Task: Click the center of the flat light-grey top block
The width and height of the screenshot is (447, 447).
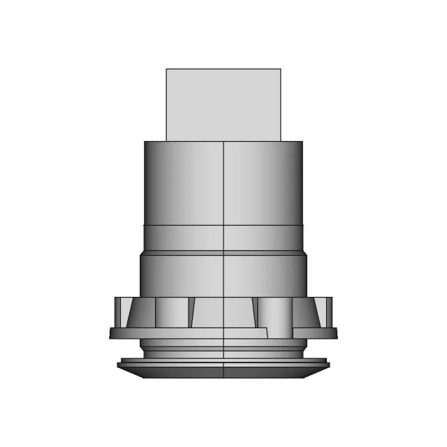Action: click(223, 105)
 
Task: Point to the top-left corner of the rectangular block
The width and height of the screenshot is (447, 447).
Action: click(166, 69)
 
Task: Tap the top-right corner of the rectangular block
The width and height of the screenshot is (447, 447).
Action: click(281, 69)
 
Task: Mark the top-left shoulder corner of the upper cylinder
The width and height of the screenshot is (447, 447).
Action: click(145, 142)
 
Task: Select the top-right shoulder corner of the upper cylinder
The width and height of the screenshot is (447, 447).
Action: click(302, 142)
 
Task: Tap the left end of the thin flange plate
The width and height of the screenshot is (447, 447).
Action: click(112, 334)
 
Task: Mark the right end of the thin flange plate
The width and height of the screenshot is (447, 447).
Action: click(335, 333)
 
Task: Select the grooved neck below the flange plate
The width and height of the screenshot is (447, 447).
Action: click(223, 347)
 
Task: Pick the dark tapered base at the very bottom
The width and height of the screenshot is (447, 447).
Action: click(223, 372)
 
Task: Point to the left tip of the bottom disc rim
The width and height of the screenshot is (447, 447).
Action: click(119, 362)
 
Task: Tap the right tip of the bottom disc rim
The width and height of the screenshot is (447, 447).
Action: click(328, 362)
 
